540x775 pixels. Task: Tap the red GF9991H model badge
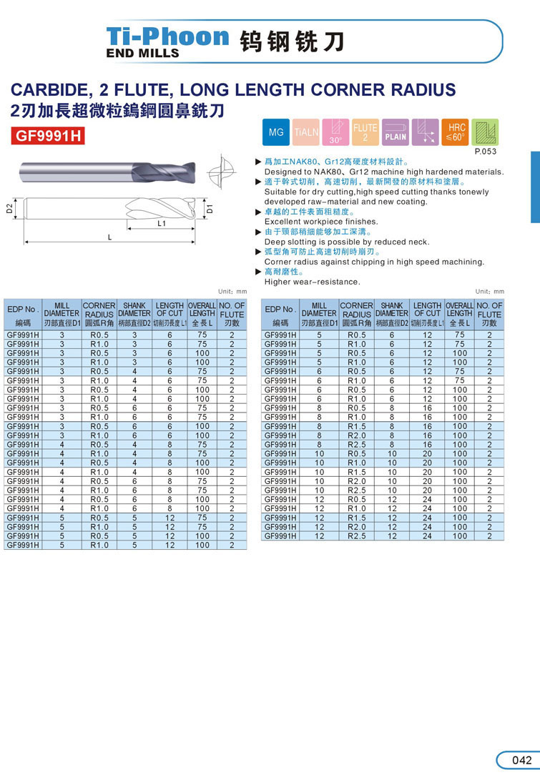(49, 135)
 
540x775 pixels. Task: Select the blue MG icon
(276, 133)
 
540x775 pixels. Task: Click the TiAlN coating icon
(307, 133)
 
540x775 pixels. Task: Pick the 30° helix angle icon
(335, 133)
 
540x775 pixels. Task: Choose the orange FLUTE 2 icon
(365, 133)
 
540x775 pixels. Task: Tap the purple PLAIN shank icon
(396, 133)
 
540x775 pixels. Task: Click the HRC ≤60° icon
(456, 133)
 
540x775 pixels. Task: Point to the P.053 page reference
(485, 152)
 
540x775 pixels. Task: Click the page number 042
(522, 760)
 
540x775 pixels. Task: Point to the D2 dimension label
(9, 209)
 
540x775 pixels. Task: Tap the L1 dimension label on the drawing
(162, 223)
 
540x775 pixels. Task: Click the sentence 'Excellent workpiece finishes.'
(321, 222)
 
